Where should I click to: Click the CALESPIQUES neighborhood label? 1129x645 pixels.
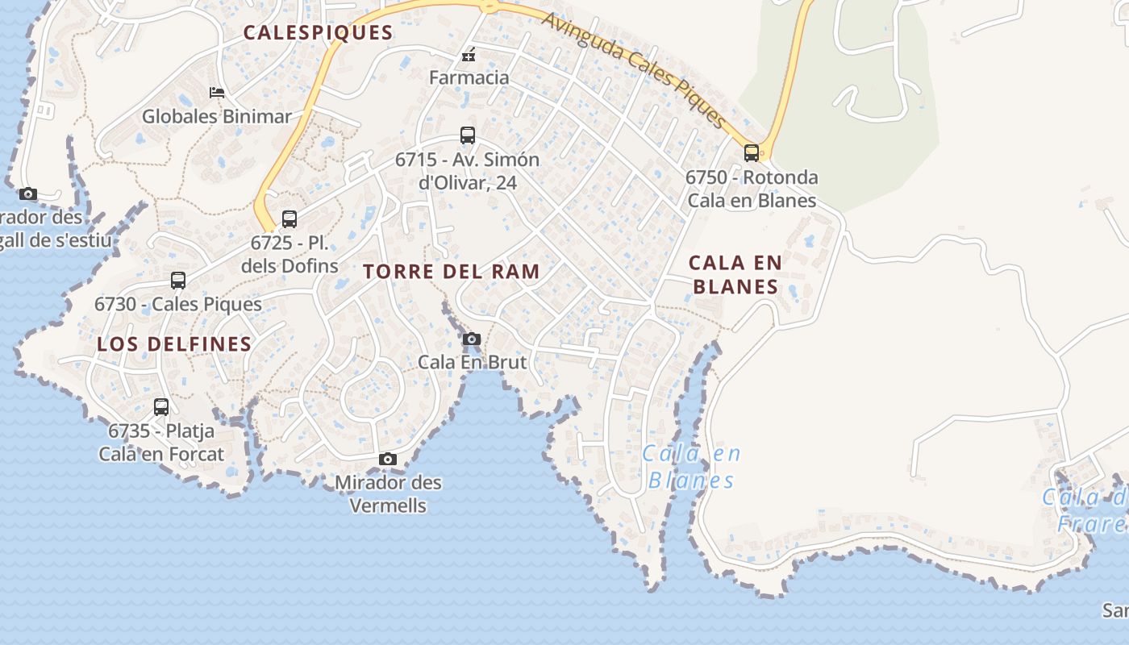318,33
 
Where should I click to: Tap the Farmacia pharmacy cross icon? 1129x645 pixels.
468,56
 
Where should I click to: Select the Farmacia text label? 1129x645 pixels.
469,77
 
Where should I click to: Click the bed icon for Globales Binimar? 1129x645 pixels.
216,93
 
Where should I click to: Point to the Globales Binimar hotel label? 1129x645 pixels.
216,116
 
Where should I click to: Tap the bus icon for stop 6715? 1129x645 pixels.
468,135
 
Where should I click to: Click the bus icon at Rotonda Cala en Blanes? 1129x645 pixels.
751,152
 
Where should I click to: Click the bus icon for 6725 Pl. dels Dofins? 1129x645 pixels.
289,218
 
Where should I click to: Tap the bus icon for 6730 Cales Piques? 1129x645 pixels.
178,281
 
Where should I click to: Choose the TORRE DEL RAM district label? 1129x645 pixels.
452,272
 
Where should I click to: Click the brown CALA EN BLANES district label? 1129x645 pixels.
735,274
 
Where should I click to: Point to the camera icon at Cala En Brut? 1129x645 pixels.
472,339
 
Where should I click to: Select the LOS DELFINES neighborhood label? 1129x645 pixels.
174,344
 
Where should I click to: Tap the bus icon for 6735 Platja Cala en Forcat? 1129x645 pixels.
161,407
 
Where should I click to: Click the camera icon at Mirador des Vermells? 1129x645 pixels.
388,459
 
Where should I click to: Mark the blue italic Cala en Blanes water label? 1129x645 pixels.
692,467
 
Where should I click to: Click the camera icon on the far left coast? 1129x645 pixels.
28,193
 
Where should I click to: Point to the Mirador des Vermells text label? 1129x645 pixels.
388,493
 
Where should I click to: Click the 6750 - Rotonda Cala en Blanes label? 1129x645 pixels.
751,189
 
